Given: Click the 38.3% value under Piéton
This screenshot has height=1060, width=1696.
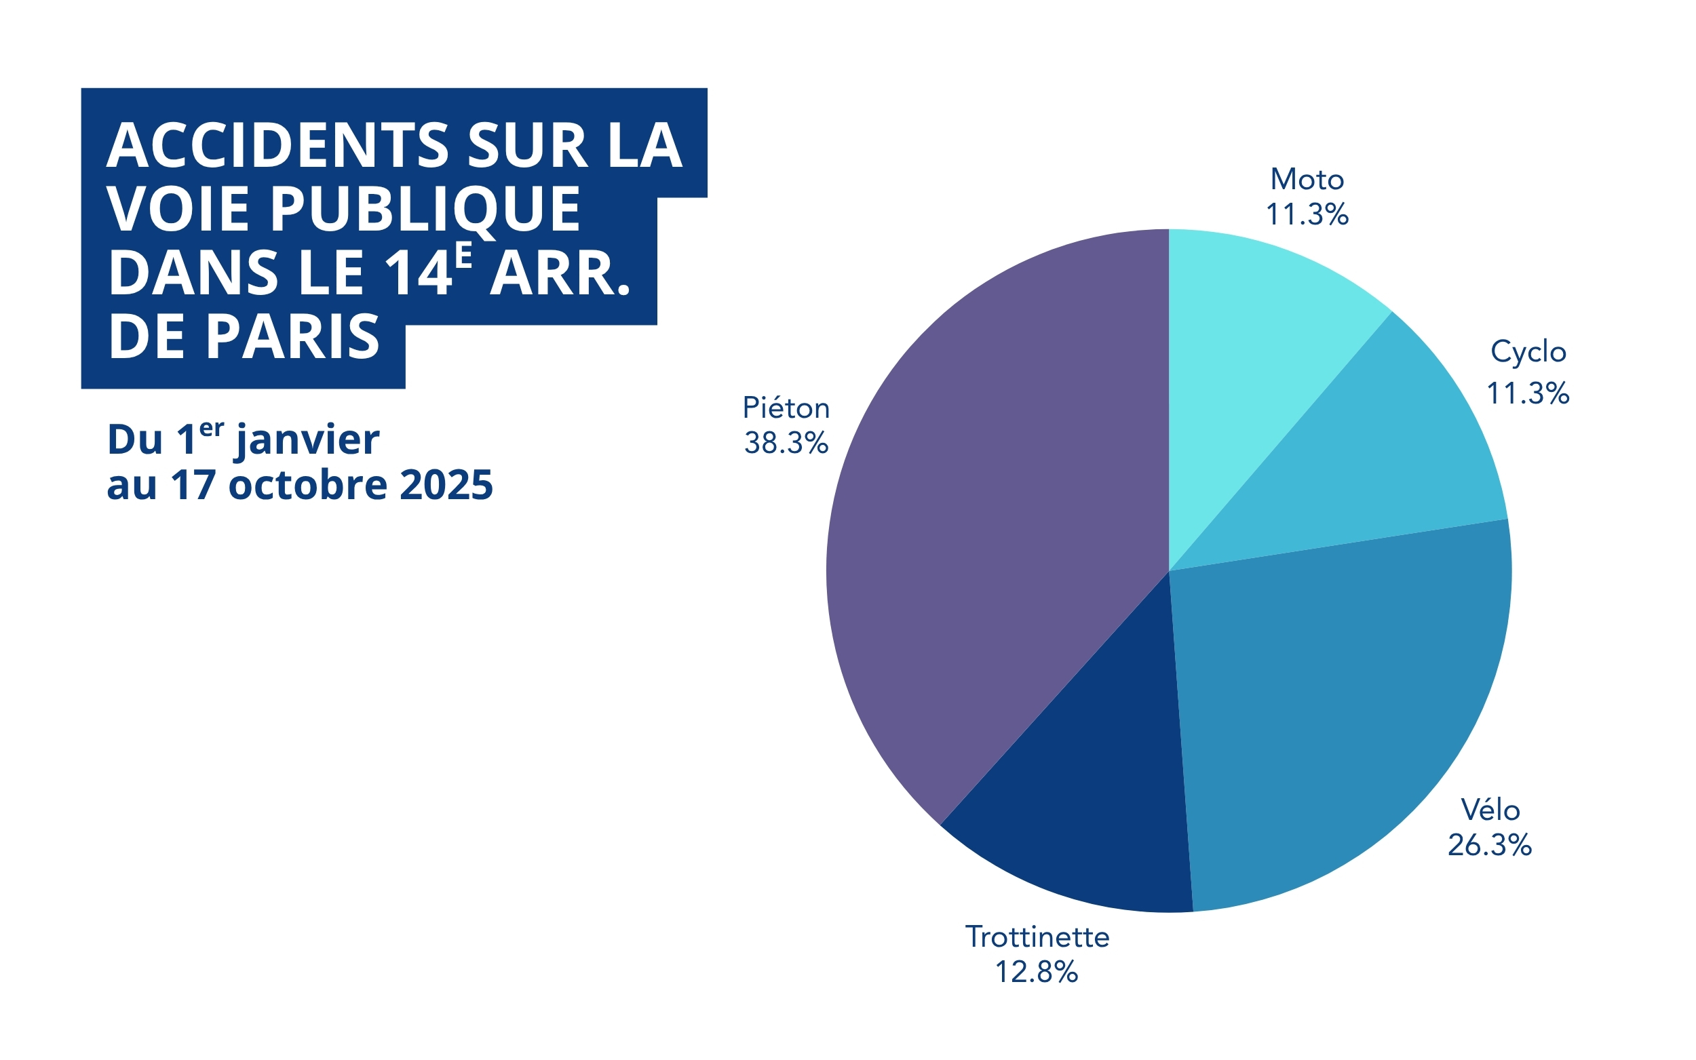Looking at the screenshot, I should [786, 443].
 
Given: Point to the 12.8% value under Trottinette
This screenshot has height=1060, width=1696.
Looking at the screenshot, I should [1036, 972].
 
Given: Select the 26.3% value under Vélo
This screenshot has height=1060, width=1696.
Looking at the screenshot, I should [1489, 846].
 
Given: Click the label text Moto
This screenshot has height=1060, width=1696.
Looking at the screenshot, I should [1307, 180].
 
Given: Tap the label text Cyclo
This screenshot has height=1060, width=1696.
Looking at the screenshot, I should [1528, 352].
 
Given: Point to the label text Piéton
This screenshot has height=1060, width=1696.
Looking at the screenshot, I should [786, 408].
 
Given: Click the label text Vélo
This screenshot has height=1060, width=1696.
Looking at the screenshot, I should [1490, 810].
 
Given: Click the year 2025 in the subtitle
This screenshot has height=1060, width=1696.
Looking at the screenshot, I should [446, 484].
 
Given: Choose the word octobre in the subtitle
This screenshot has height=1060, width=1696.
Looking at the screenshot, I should [308, 484].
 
